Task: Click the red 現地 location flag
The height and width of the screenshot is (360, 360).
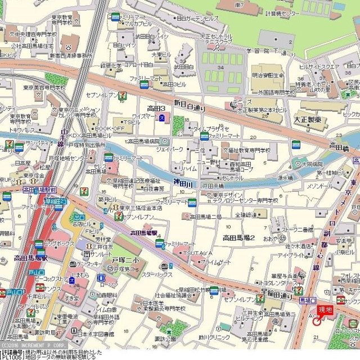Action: pyautogui.click(x=325, y=309)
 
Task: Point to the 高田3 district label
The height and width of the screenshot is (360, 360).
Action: pyautogui.click(x=156, y=109)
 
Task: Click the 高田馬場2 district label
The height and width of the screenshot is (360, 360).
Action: pyautogui.click(x=239, y=238)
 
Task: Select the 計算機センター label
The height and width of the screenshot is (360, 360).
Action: pyautogui.click(x=283, y=13)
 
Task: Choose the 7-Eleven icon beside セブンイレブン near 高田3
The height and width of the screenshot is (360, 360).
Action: pyautogui.click(x=121, y=96)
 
